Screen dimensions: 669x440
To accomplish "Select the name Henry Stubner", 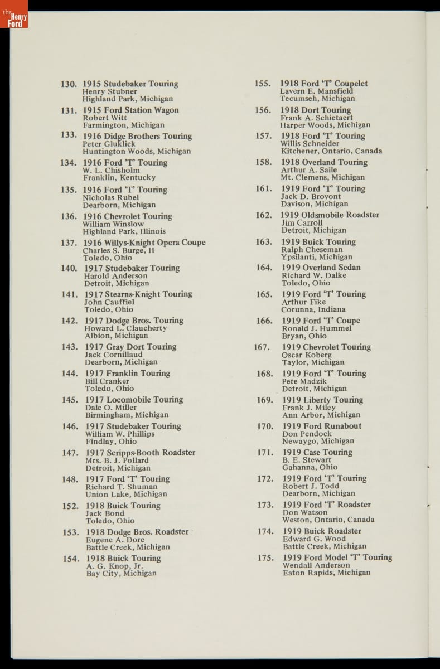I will point(110,91).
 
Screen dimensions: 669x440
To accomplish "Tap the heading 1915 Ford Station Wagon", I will point(131,110).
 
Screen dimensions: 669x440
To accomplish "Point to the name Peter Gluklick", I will point(109,144).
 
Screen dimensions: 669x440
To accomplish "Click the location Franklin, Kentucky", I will point(119,178).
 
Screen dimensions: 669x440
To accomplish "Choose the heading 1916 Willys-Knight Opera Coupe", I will point(144,243).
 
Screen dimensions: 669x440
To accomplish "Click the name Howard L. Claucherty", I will point(125,328).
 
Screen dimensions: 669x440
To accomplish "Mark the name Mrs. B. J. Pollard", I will point(117,460).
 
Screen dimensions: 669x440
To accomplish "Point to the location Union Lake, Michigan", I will point(126,495).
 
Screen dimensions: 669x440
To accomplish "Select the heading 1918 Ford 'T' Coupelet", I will point(323,84).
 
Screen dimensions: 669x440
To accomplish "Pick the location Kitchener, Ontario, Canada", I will point(332,151).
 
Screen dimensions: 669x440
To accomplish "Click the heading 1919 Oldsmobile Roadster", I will point(330,215).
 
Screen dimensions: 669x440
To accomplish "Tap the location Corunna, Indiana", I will point(313,309).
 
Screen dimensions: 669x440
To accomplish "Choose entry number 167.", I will point(262,347).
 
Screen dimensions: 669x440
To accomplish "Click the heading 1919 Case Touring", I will point(317,453).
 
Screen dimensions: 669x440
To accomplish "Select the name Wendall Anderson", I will point(316,565).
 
